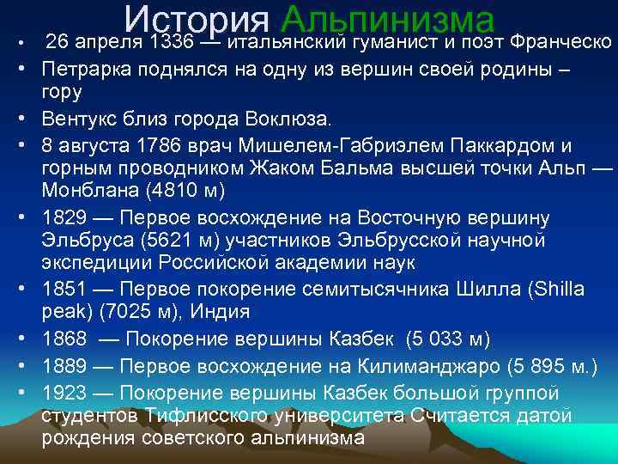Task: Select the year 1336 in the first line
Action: pyautogui.click(x=169, y=42)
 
